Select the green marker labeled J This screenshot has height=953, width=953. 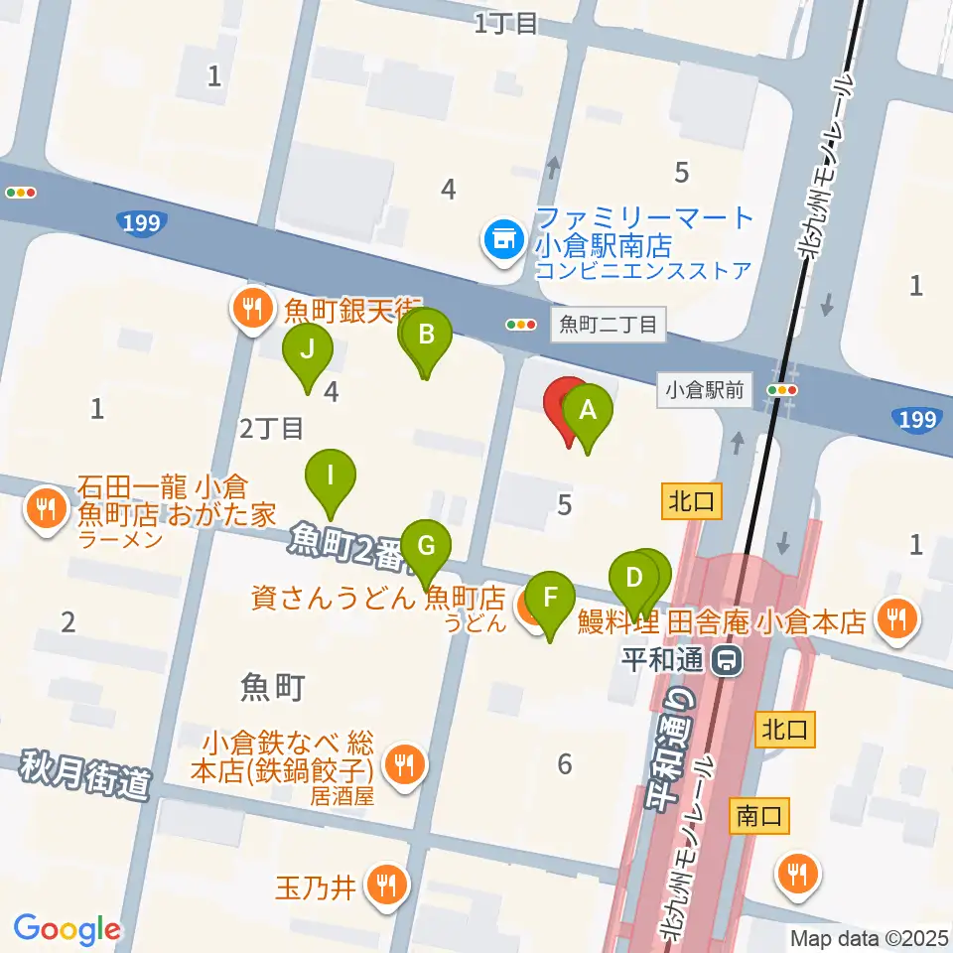(x=307, y=349)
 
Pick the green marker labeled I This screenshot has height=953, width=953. (x=331, y=475)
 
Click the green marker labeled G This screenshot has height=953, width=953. (x=426, y=546)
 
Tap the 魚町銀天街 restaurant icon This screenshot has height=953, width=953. (x=252, y=311)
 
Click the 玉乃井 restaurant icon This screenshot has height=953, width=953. (x=383, y=885)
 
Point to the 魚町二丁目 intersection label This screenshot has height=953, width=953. (x=608, y=324)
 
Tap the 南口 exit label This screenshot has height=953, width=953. (x=758, y=816)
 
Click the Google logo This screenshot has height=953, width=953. (x=67, y=929)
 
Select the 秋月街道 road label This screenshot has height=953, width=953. (x=83, y=774)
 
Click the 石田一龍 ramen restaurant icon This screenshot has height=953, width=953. (x=45, y=509)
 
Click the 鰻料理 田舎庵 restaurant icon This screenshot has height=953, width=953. (x=897, y=620)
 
